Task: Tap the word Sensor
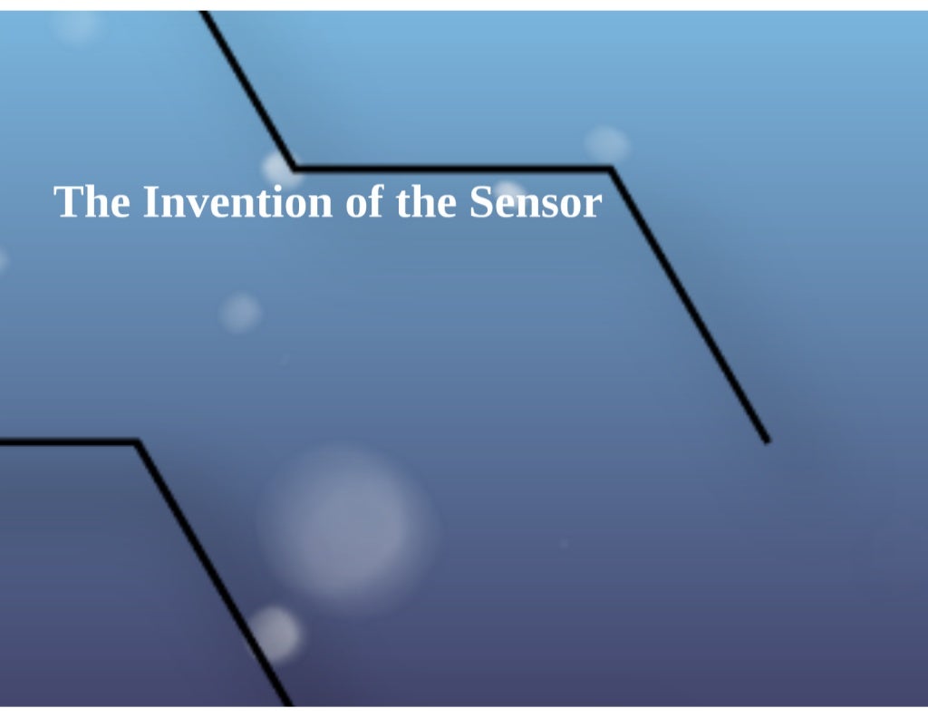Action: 535,201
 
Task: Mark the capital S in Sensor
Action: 480,201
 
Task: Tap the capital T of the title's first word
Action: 66,201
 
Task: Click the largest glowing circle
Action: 348,526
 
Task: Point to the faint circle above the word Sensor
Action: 606,143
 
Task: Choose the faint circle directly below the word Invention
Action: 240,313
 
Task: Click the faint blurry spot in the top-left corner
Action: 76,27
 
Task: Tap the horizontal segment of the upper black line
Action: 453,168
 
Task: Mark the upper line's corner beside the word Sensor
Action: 611,169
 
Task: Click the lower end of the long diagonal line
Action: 766,440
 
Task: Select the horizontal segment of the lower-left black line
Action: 68,442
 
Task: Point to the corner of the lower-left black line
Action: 137,443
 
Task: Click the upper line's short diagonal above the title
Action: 249,91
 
